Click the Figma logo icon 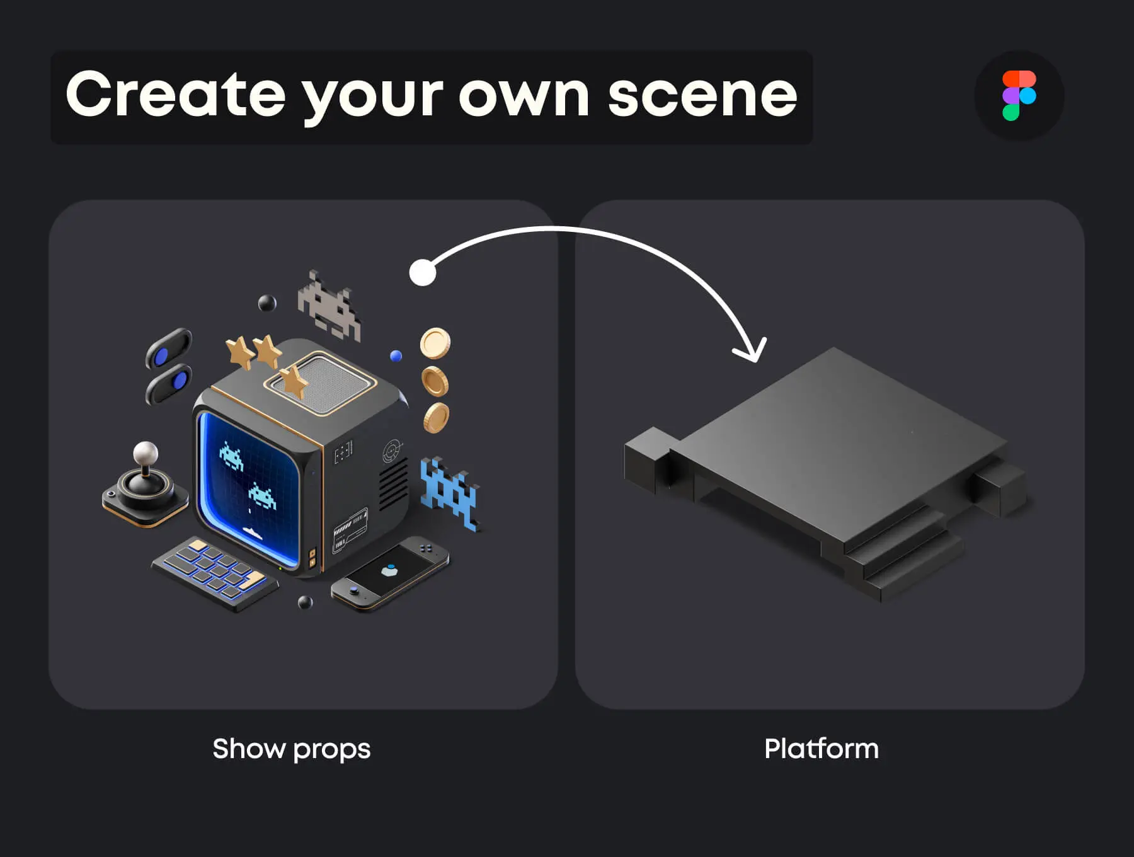pyautogui.click(x=1019, y=95)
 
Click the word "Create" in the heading pyautogui.click(x=176, y=95)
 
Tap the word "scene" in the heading pyautogui.click(x=703, y=96)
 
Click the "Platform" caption pyautogui.click(x=822, y=749)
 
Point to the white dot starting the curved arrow pyautogui.click(x=422, y=272)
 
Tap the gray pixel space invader pyautogui.click(x=329, y=305)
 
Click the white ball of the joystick pyautogui.click(x=146, y=452)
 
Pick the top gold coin pyautogui.click(x=435, y=343)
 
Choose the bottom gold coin pyautogui.click(x=436, y=418)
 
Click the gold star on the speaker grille pyautogui.click(x=294, y=382)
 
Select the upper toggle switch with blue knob pyautogui.click(x=169, y=348)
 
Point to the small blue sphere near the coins pyautogui.click(x=396, y=356)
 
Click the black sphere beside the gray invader pyautogui.click(x=267, y=303)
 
